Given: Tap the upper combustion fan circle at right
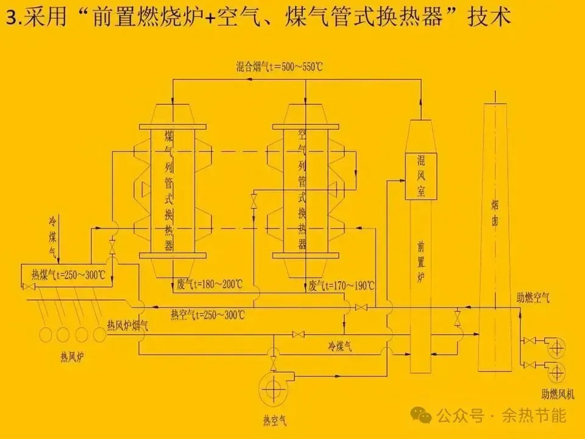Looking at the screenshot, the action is point(556,347).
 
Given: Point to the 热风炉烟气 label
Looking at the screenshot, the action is point(127,325).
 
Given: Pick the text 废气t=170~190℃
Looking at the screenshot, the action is point(342,285).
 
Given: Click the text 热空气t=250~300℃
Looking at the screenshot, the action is point(208,315).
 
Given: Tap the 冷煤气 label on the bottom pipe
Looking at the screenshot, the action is point(340,346).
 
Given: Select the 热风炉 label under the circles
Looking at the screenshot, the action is point(72,356).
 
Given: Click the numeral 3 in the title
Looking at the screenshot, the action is point(10,19).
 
